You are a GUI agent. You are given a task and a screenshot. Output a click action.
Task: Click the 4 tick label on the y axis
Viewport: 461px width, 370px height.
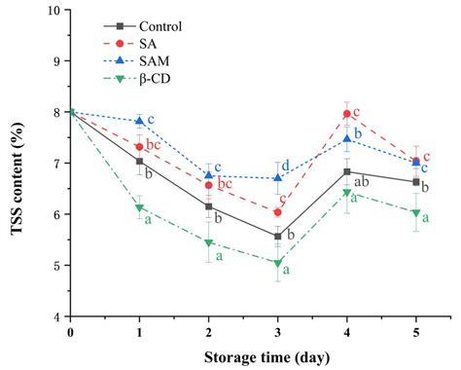pyautogui.click(x=56, y=316)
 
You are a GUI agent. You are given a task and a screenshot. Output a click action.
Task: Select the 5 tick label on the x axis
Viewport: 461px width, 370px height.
pyautogui.click(x=416, y=333)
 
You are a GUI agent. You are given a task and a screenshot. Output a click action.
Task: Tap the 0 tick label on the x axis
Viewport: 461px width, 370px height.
pyautogui.click(x=71, y=333)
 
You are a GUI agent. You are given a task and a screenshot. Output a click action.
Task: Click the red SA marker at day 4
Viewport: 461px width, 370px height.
pyautogui.click(x=347, y=114)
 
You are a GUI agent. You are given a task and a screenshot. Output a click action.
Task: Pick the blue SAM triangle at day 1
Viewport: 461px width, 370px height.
pyautogui.click(x=140, y=122)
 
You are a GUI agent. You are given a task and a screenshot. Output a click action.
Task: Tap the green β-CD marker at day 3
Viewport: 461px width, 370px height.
pyautogui.click(x=278, y=263)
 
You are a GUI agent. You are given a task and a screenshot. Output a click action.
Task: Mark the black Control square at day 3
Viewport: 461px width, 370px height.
pyautogui.click(x=278, y=237)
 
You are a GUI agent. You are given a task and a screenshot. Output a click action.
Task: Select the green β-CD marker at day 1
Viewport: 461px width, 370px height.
pyautogui.click(x=140, y=208)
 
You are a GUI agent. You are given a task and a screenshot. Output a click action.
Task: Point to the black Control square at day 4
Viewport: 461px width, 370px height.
pyautogui.click(x=347, y=172)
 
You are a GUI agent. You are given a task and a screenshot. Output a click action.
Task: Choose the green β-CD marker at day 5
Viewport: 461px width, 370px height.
pyautogui.click(x=416, y=213)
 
